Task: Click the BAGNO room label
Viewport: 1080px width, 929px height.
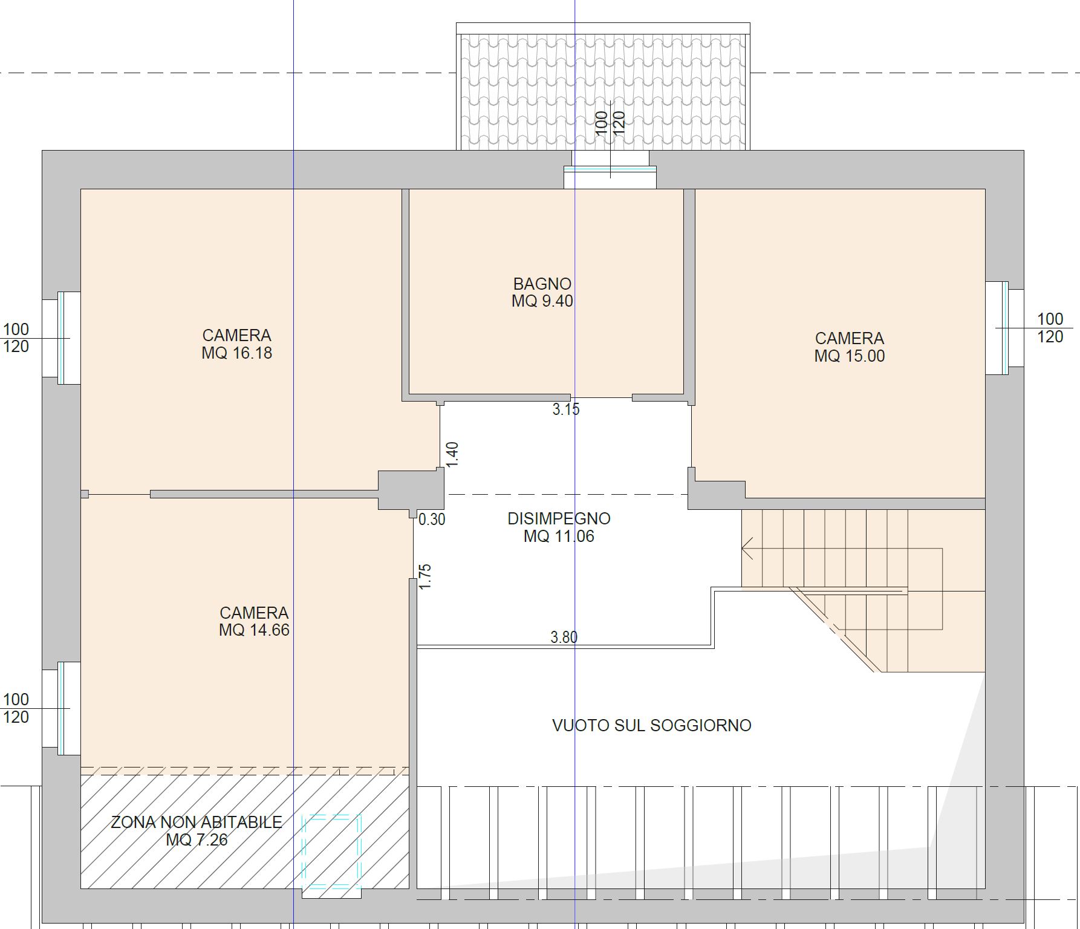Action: click(x=542, y=284)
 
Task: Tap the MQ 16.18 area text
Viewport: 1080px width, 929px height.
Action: click(x=236, y=353)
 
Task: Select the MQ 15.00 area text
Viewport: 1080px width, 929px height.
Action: click(x=849, y=356)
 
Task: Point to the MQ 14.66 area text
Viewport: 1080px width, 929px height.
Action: click(x=254, y=630)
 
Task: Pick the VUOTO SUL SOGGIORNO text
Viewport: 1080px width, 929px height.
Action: click(x=651, y=726)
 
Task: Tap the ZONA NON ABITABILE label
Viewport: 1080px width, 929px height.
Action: click(x=197, y=823)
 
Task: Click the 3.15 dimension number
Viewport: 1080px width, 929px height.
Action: click(x=565, y=409)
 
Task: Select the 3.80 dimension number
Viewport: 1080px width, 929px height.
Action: click(x=564, y=637)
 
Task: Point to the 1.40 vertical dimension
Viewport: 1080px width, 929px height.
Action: click(x=452, y=454)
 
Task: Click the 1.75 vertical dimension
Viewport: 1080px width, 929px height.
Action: click(x=425, y=576)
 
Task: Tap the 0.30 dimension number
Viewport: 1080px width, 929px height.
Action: click(x=432, y=519)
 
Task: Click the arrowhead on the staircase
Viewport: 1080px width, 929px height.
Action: click(x=747, y=549)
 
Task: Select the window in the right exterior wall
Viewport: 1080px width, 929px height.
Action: click(x=1005, y=328)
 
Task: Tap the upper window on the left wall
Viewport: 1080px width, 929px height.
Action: click(x=61, y=337)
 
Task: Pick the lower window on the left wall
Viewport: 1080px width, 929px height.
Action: click(x=61, y=708)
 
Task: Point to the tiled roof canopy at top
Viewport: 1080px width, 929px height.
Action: click(x=603, y=91)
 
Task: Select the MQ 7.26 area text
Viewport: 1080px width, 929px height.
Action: click(x=197, y=840)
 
